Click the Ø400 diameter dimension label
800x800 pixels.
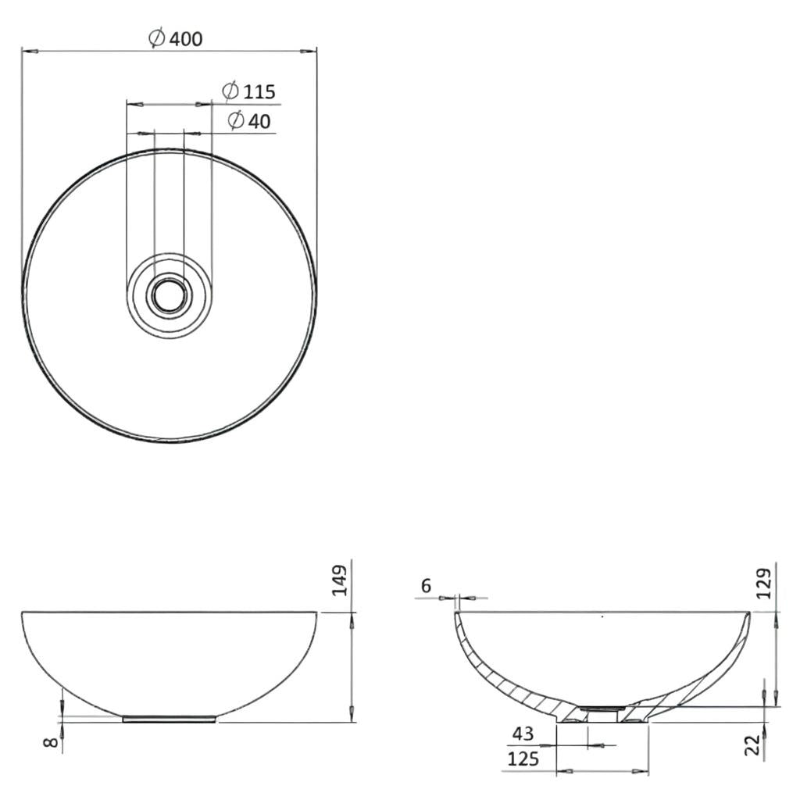coord(176,37)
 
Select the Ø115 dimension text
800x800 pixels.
coord(249,91)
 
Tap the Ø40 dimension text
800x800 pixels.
coord(249,121)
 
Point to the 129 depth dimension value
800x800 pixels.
coord(764,583)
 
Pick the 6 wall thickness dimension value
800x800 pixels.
coord(425,585)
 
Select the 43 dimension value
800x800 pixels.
coord(522,734)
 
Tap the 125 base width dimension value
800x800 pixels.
coord(523,759)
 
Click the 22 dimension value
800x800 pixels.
coord(752,745)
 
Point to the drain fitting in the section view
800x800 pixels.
coord(602,711)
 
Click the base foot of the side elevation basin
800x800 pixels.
coord(170,718)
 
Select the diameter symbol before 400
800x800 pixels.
coord(156,37)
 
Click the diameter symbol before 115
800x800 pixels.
coord(230,91)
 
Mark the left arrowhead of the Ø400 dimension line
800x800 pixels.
coord(27,52)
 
